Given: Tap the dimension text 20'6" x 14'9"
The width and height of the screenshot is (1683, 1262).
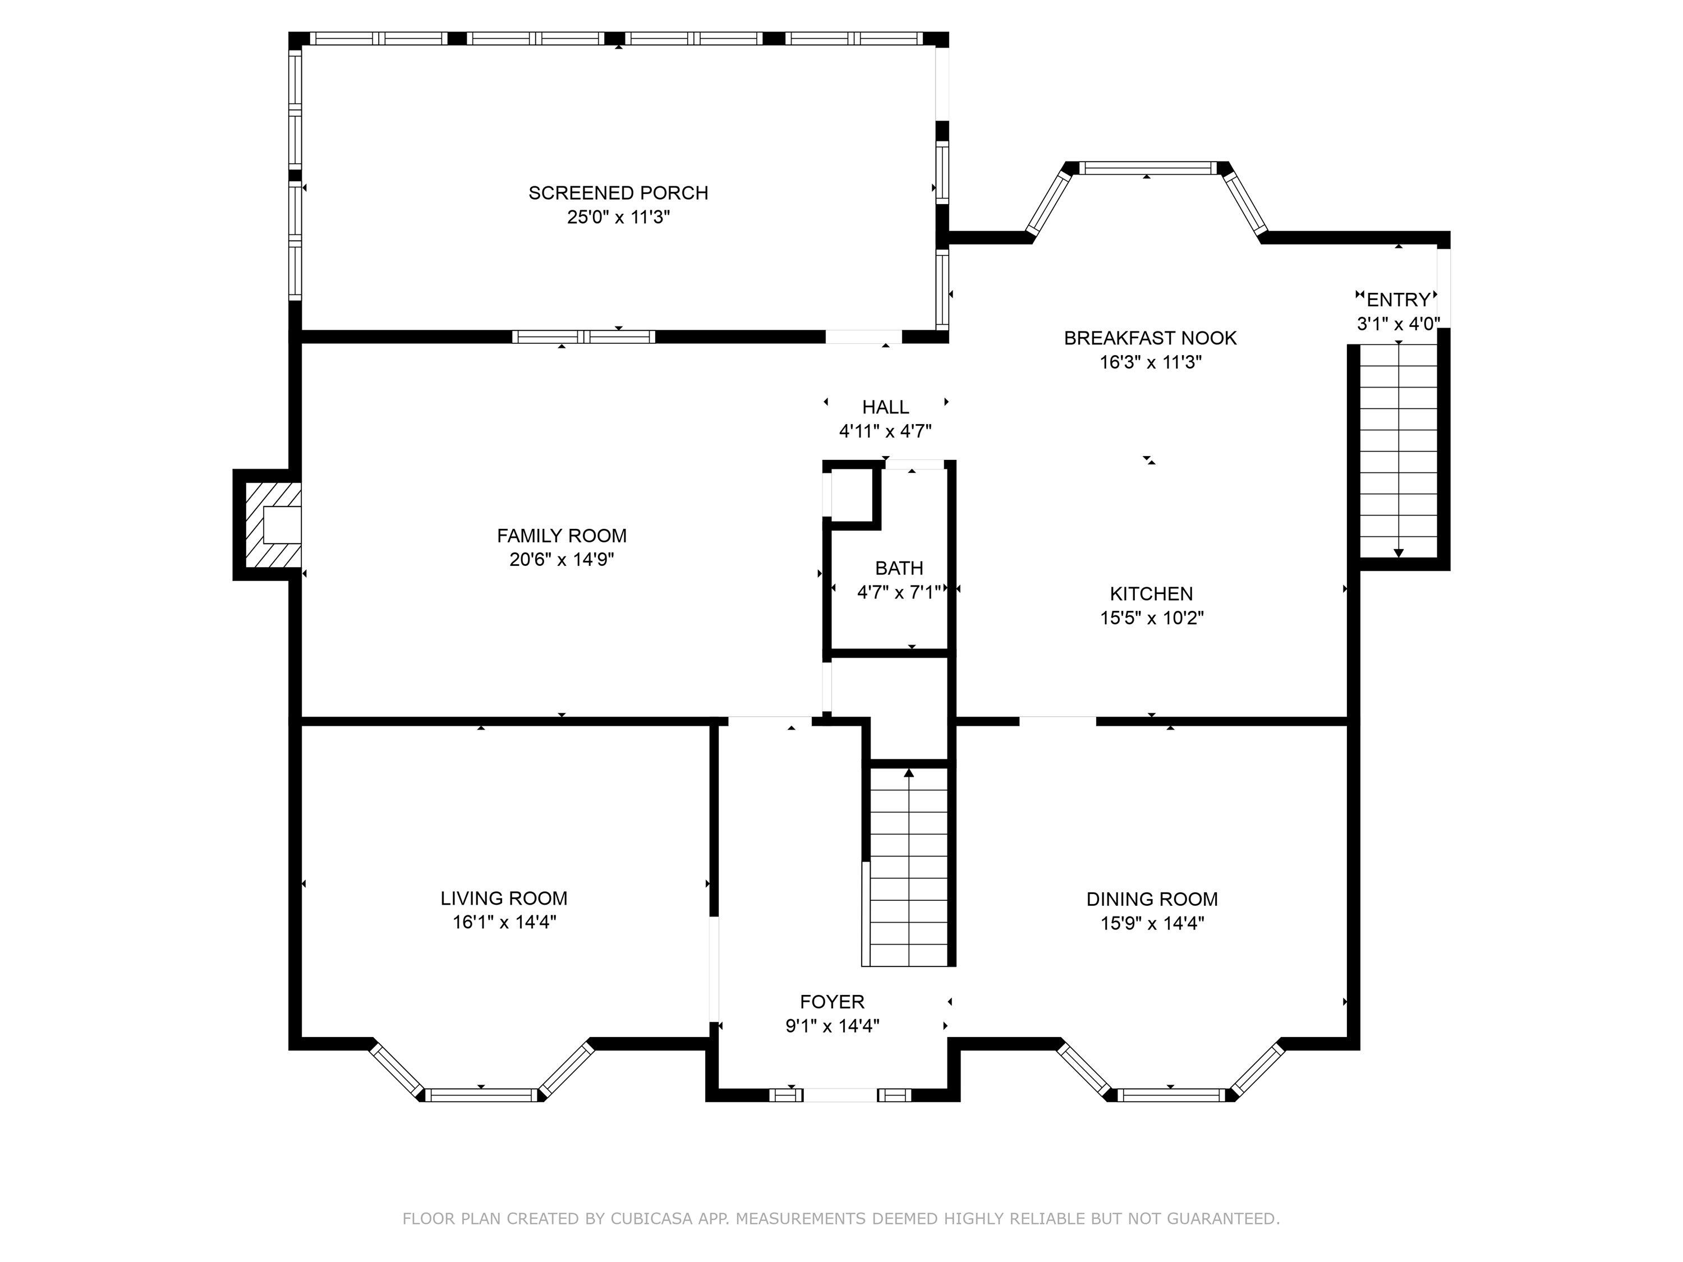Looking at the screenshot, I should tap(562, 560).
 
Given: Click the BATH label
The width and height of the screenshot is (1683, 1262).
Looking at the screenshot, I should tap(899, 568).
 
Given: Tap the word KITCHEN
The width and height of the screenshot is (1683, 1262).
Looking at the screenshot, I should tap(1151, 594).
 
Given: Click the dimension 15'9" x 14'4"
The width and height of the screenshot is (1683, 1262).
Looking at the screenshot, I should tap(1151, 923).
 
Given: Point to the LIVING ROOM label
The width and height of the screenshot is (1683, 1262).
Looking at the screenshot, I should tap(504, 899).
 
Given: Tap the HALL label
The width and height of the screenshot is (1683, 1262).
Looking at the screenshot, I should tap(885, 407).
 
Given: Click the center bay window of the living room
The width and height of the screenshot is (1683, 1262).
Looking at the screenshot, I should tap(481, 1095).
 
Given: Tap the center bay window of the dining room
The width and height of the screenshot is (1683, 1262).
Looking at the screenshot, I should tap(1170, 1095).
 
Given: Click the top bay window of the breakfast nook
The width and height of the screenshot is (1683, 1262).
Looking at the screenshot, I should tap(1148, 168).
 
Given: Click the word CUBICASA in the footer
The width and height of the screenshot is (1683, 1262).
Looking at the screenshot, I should tap(651, 1219).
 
